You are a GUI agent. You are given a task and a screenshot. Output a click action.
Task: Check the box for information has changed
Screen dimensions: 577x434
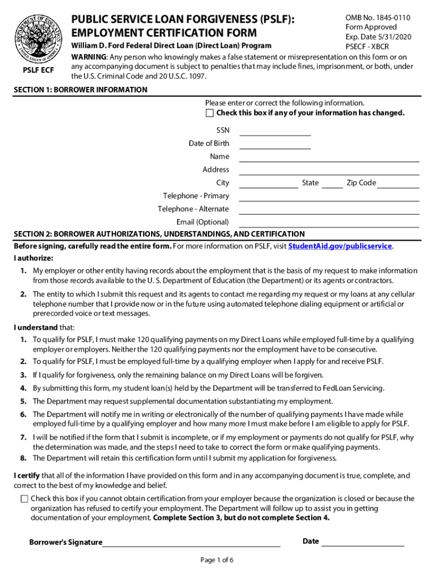210,113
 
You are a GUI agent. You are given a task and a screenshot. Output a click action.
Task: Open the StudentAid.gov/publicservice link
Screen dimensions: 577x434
340,246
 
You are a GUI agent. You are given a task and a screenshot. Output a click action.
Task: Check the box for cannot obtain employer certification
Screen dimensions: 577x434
24,499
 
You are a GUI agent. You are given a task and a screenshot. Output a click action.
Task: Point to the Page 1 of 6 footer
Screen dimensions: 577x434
217,560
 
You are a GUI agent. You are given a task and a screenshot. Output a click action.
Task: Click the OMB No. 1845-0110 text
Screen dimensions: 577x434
378,18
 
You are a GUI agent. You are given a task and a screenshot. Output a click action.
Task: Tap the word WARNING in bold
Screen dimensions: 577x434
88,57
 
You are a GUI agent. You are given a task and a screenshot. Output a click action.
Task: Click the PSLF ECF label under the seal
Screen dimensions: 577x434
38,70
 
